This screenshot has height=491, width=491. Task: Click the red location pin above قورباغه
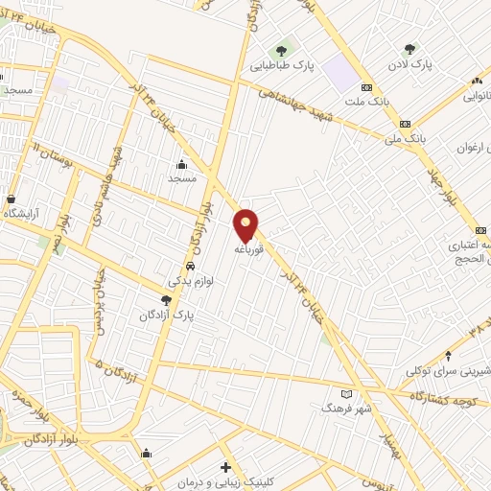point(246,224)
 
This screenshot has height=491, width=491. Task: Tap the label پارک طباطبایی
point(283,66)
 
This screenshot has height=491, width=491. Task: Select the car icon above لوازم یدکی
point(191,266)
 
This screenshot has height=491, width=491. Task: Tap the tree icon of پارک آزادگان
point(166,300)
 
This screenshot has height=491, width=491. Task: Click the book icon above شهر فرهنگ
point(346,393)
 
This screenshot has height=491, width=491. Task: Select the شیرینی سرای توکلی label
point(443,370)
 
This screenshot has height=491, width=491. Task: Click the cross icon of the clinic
point(225,468)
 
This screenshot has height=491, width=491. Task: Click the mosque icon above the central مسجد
point(181,164)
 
